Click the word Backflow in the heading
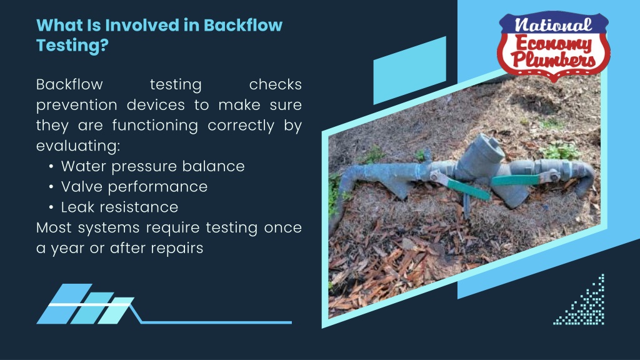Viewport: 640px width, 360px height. coord(243,25)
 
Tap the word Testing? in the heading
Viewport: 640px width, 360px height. coord(72,45)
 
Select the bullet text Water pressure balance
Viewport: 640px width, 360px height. coord(152,166)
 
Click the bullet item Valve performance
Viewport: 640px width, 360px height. coord(134,187)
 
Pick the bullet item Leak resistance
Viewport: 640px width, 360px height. coord(119,207)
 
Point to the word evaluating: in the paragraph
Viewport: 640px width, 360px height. coord(78,146)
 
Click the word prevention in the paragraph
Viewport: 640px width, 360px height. coord(77,105)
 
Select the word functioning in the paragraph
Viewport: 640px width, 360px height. coord(155,125)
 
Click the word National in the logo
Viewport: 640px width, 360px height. coord(553,25)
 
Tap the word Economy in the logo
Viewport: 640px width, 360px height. coord(554,44)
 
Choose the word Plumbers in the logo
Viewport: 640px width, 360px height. coord(553,59)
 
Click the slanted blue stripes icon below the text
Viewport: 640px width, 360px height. coord(85,304)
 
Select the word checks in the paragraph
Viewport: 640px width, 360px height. coord(276,84)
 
